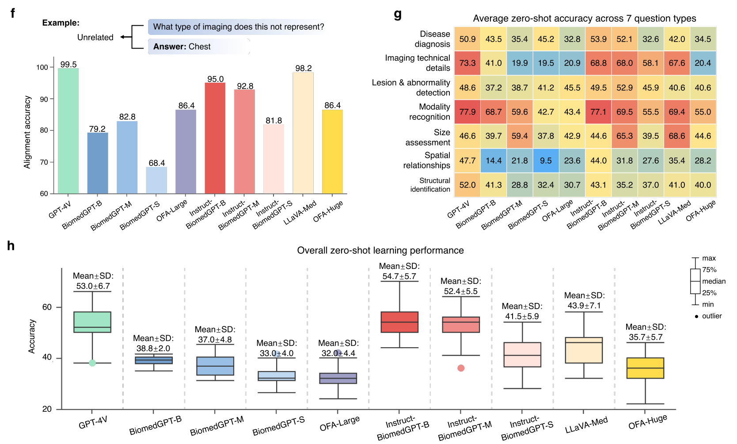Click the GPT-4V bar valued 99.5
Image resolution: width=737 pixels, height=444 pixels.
click(x=68, y=131)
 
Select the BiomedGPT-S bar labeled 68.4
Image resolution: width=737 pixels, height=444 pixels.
click(x=156, y=180)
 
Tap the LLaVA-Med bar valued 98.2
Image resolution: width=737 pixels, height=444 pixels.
click(x=303, y=133)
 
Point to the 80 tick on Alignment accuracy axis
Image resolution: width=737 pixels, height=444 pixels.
click(x=44, y=130)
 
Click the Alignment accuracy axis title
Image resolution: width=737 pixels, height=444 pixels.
click(x=27, y=132)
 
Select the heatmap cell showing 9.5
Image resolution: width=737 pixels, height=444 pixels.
click(x=546, y=161)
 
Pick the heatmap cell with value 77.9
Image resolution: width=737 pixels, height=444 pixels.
click(x=467, y=112)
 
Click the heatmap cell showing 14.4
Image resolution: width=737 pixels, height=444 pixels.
click(x=494, y=161)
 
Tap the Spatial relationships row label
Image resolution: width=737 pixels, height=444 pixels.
click(x=426, y=161)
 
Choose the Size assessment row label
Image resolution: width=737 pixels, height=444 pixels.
click(x=428, y=137)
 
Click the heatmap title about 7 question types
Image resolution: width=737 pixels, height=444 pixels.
click(x=584, y=19)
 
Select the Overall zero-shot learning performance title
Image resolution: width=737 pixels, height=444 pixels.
click(x=380, y=250)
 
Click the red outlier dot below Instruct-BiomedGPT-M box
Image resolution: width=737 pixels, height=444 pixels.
click(x=461, y=368)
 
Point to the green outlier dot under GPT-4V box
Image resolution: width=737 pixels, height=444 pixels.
click(x=92, y=363)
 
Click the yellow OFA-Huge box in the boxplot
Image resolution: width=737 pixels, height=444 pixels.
click(x=645, y=368)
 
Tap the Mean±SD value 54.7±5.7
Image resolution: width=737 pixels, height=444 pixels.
click(x=399, y=276)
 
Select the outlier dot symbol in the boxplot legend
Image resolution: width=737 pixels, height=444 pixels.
click(x=696, y=316)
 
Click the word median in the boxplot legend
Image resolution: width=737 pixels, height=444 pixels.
click(x=714, y=281)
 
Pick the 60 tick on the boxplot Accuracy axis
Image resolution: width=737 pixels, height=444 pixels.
click(x=47, y=307)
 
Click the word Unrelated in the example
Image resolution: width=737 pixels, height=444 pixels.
click(x=95, y=38)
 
